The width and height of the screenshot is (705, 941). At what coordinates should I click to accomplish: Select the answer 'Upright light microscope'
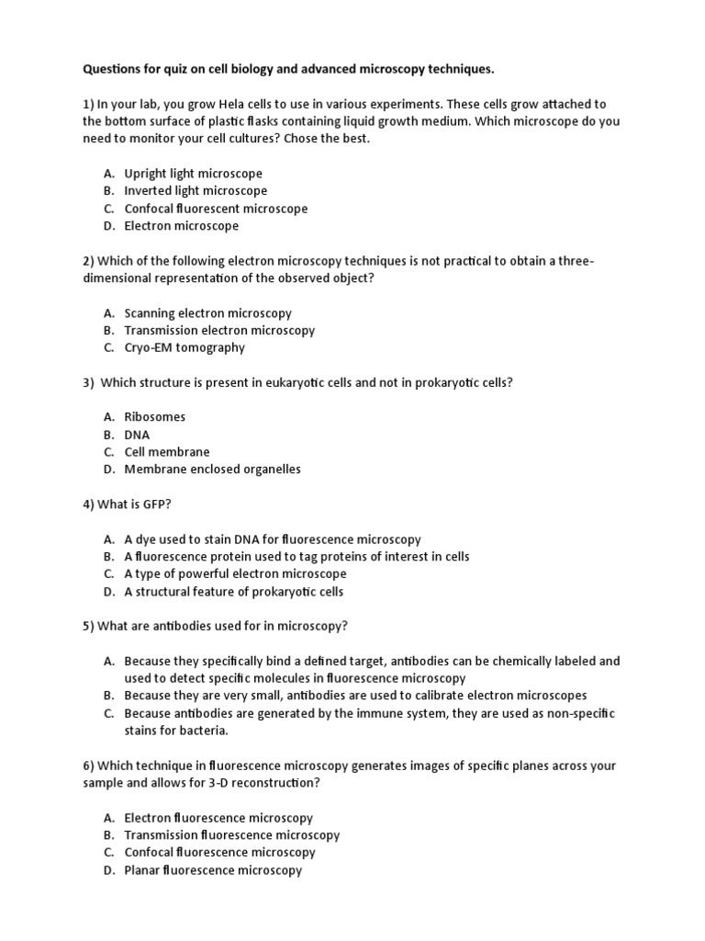click(x=193, y=174)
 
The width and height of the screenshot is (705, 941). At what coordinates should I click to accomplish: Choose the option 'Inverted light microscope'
click(x=196, y=191)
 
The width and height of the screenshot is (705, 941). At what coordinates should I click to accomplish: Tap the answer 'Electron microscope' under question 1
click(x=181, y=226)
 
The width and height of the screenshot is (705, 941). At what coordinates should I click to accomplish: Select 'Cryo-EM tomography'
click(x=185, y=347)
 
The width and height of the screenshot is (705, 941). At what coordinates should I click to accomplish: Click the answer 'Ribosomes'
click(x=154, y=417)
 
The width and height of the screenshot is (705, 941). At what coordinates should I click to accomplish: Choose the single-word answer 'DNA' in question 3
click(x=137, y=435)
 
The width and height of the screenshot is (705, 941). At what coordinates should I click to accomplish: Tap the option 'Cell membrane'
click(x=166, y=452)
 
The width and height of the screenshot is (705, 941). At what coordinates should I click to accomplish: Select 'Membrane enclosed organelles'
click(x=212, y=470)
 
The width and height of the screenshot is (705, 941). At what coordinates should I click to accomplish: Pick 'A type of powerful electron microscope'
click(x=235, y=574)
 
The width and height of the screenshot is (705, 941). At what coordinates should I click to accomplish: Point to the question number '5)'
click(x=89, y=627)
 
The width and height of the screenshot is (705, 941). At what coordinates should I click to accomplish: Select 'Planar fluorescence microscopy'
click(x=213, y=870)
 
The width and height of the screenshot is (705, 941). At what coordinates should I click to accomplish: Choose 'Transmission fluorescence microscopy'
click(x=231, y=835)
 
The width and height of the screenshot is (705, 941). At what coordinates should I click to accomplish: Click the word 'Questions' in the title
click(x=114, y=69)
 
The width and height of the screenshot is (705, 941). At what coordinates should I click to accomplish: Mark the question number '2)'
click(x=89, y=261)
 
